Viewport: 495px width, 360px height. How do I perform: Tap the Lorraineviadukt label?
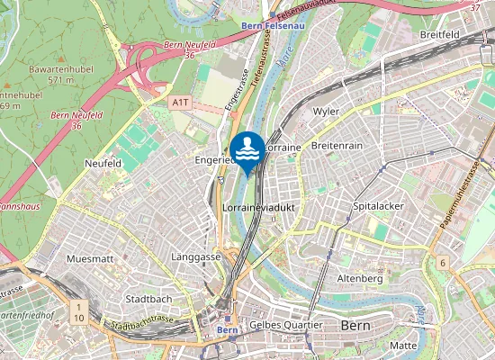pyautogui.click(x=258, y=207)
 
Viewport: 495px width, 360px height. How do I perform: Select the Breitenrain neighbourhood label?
pyautogui.click(x=335, y=145)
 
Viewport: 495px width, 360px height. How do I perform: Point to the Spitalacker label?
pyautogui.click(x=378, y=206)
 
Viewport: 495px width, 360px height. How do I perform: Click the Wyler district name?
pyautogui.click(x=325, y=112)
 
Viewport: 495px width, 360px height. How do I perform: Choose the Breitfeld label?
pyautogui.click(x=441, y=34)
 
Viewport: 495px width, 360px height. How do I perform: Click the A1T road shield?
pyautogui.click(x=181, y=103)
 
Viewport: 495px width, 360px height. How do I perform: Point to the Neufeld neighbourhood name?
pyautogui.click(x=103, y=164)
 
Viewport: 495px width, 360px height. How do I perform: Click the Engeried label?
pyautogui.click(x=214, y=159)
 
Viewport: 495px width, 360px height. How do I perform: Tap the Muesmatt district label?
pyautogui.click(x=90, y=258)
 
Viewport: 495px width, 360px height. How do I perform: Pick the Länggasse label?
pyautogui.click(x=195, y=256)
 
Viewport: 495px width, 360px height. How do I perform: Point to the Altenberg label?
pyautogui.click(x=359, y=279)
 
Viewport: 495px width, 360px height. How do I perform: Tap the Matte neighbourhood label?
pyautogui.click(x=403, y=346)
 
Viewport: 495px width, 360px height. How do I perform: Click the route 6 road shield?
pyautogui.click(x=443, y=262)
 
